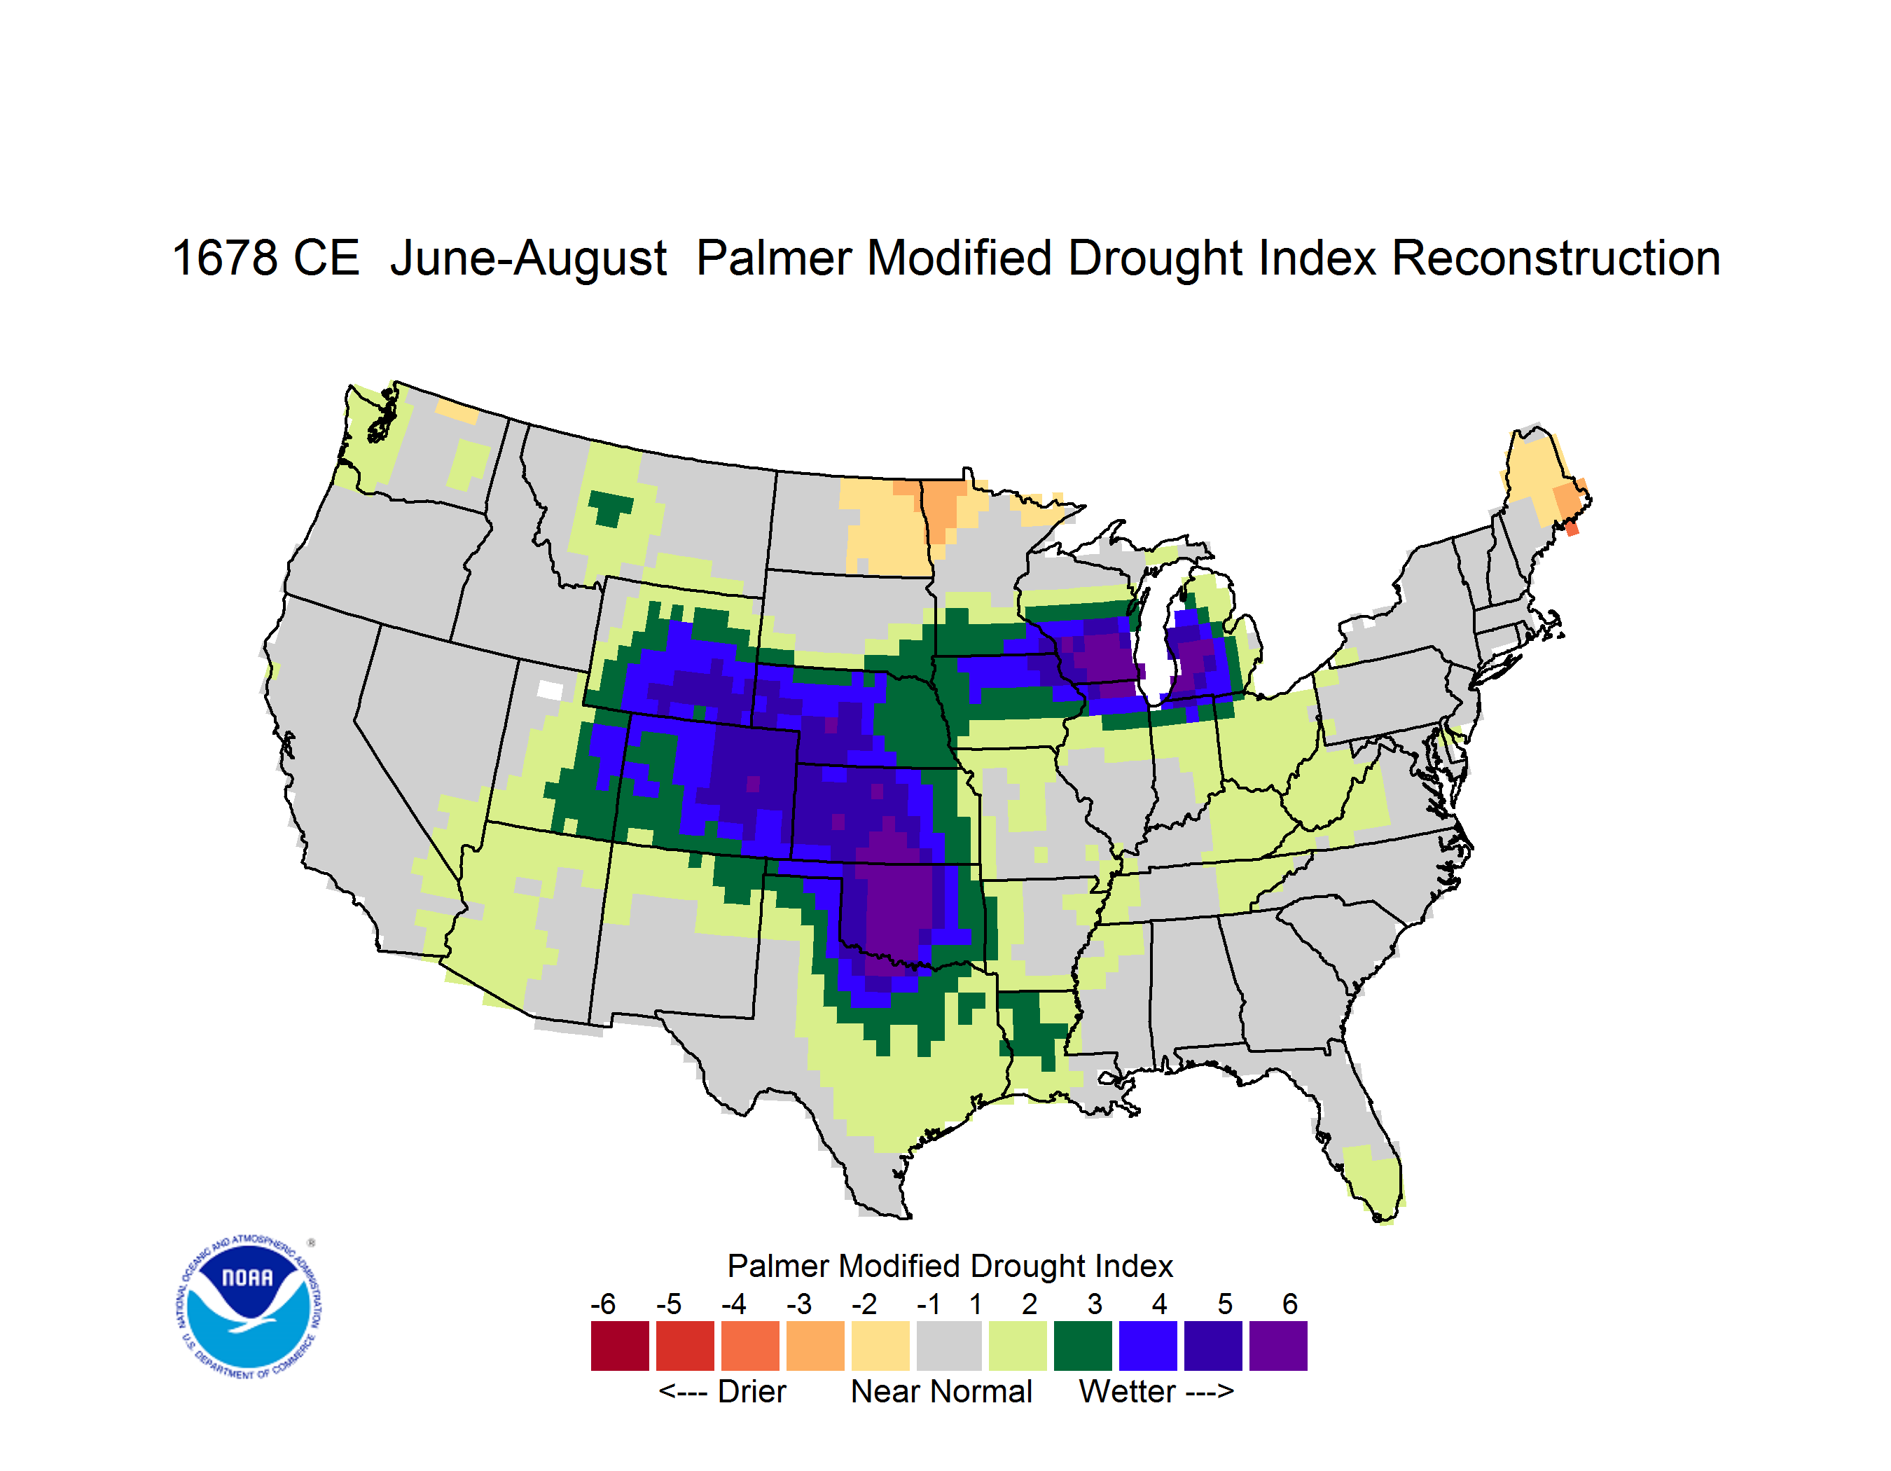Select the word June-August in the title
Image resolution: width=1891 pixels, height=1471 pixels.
point(528,260)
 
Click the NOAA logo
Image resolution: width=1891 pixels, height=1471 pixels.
point(248,1307)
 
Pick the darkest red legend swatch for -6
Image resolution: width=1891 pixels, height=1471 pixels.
point(620,1346)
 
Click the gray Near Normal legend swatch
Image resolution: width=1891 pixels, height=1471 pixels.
point(949,1346)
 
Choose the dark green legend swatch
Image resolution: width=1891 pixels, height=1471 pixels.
point(1082,1346)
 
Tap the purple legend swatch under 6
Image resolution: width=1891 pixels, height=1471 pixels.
point(1278,1346)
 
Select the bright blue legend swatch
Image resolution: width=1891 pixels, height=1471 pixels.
point(1148,1346)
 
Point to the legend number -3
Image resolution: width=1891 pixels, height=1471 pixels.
point(799,1304)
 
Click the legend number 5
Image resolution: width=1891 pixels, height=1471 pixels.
point(1225,1304)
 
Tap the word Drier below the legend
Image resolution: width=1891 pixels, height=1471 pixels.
point(751,1391)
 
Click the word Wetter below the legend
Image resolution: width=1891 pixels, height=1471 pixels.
point(1128,1391)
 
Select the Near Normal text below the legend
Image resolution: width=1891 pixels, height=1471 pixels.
point(941,1391)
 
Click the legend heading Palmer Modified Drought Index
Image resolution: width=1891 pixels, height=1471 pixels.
point(950,1266)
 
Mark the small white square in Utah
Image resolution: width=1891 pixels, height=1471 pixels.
point(550,690)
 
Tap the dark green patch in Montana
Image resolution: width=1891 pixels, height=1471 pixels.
point(611,507)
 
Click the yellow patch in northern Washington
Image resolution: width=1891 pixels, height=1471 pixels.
point(457,411)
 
